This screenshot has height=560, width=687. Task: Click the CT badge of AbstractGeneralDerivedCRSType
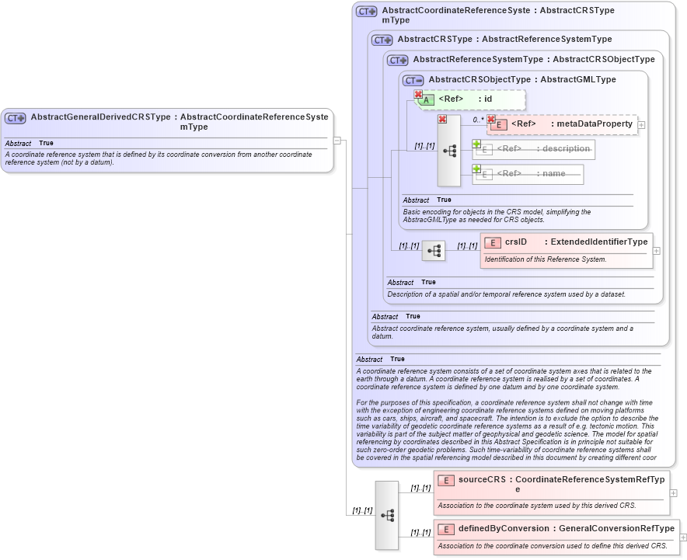pyautogui.click(x=16, y=118)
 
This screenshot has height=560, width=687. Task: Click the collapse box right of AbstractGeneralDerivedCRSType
pyautogui.click(x=337, y=141)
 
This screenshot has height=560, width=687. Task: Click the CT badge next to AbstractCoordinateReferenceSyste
pyautogui.click(x=366, y=12)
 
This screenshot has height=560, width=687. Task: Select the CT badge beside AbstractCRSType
pyautogui.click(x=382, y=40)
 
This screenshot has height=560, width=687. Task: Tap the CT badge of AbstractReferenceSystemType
pyautogui.click(x=397, y=60)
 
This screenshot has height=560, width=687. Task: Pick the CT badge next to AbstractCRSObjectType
pyautogui.click(x=413, y=80)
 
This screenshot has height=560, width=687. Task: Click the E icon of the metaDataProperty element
pyautogui.click(x=500, y=125)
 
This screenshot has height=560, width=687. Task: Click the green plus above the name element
pyautogui.click(x=477, y=169)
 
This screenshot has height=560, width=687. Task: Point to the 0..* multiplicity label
pyautogui.click(x=478, y=120)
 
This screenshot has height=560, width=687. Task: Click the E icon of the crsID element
pyautogui.click(x=491, y=243)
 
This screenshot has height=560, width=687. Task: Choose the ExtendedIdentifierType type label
pyautogui.click(x=598, y=242)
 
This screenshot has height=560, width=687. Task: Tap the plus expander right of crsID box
pyautogui.click(x=657, y=251)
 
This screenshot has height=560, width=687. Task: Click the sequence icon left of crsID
pyautogui.click(x=434, y=251)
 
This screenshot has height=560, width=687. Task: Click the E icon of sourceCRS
pyautogui.click(x=446, y=481)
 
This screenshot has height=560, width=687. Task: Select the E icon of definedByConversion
pyautogui.click(x=446, y=530)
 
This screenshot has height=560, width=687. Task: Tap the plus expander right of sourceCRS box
pyautogui.click(x=673, y=492)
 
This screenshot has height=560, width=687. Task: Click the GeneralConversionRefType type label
pyautogui.click(x=616, y=529)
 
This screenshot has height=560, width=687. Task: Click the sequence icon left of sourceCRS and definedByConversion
pyautogui.click(x=387, y=515)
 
